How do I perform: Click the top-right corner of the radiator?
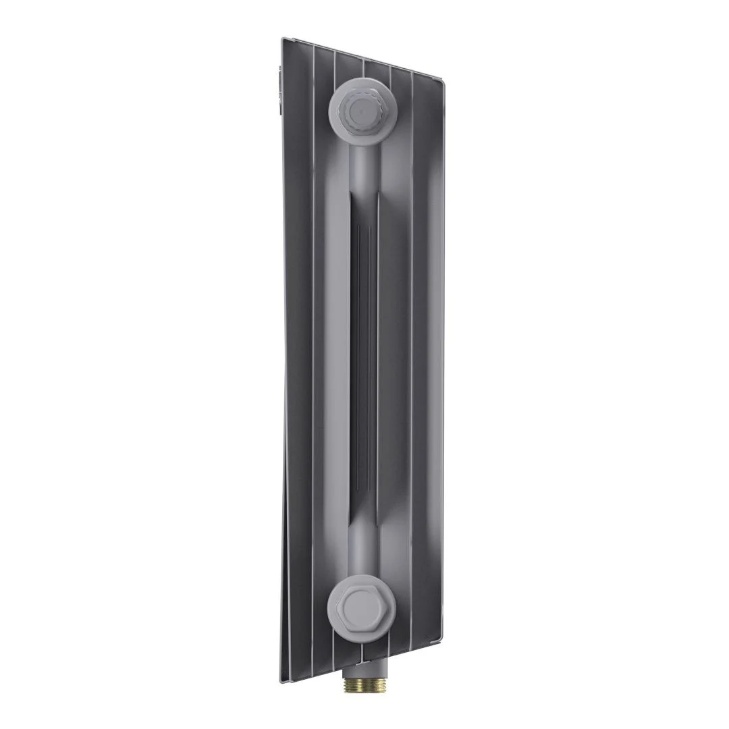[x=444, y=82]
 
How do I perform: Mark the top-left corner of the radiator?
[x=281, y=38]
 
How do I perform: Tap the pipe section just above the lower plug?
[x=362, y=550]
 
